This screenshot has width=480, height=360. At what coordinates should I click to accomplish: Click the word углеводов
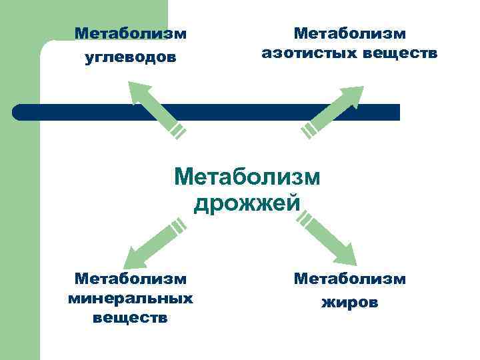[x=131, y=57]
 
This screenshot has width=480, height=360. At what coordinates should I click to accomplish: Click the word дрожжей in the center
[x=247, y=203]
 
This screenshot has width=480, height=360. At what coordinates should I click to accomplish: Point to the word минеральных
[x=131, y=298]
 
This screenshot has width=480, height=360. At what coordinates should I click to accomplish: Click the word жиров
[x=349, y=302]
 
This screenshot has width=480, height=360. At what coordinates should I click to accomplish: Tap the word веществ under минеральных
[x=131, y=317]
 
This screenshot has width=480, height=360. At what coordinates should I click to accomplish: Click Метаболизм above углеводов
[x=131, y=33]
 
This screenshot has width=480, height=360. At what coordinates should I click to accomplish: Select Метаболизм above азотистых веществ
[x=349, y=33]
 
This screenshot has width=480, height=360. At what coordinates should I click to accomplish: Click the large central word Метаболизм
[x=247, y=177]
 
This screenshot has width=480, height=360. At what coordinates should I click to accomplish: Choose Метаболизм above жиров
[x=349, y=278]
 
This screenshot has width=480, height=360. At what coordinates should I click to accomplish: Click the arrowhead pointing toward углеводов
[x=139, y=93]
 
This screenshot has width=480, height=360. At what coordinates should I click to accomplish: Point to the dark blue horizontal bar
[x=267, y=112]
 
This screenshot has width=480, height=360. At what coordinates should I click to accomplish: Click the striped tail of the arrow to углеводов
[x=177, y=129]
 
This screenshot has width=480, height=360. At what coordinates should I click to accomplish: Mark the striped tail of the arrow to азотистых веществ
[x=309, y=130]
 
